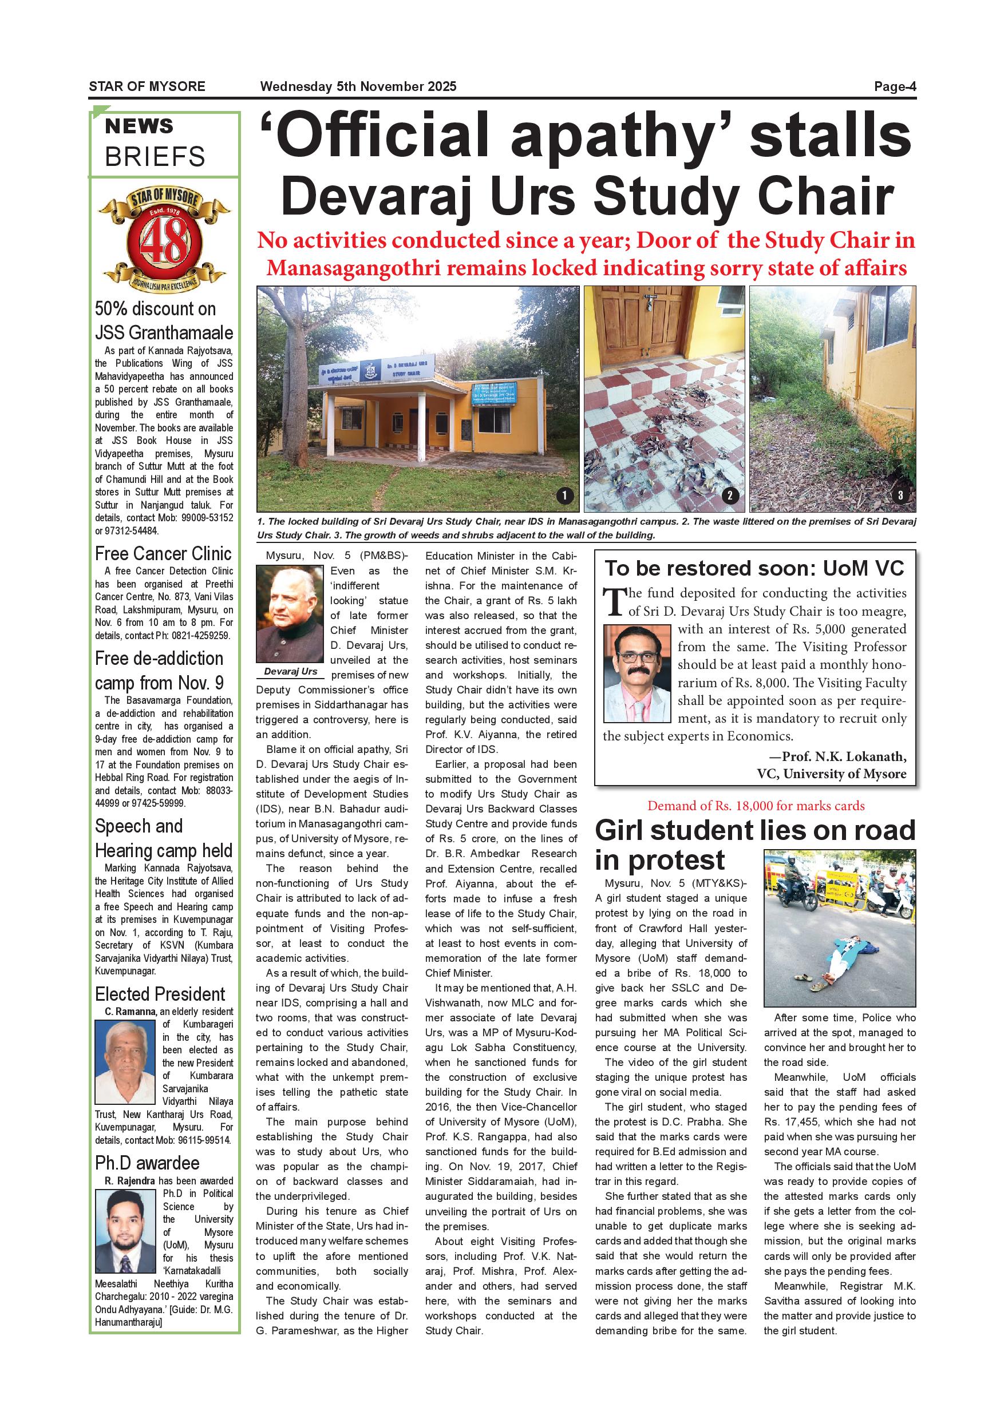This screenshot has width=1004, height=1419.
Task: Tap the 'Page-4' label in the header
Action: pos(895,86)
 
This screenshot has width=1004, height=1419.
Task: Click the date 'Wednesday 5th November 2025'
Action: pos(358,86)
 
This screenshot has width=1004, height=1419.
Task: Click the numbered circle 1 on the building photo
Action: pos(564,495)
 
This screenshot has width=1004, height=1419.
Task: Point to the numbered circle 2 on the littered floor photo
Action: pos(730,495)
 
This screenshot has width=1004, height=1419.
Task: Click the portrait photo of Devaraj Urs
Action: pos(290,614)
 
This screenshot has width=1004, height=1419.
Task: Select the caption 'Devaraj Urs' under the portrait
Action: pos(290,671)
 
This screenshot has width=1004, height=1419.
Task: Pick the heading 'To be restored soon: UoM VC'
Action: pos(754,568)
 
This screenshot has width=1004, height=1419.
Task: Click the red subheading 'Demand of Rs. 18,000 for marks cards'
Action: pos(756,806)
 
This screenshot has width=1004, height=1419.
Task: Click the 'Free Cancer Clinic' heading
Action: pos(163,553)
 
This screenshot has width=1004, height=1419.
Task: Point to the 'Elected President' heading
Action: pos(160,994)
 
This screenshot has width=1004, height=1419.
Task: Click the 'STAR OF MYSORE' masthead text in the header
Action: pos(147,86)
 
